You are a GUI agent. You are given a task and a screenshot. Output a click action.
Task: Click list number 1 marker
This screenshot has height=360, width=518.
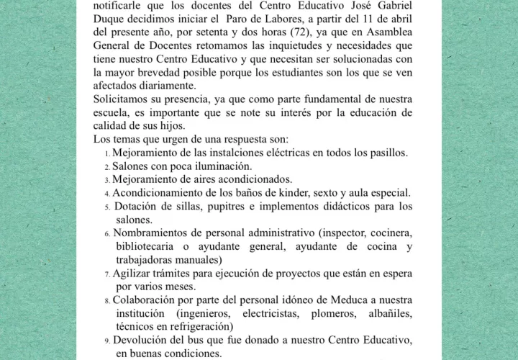coord(107,153)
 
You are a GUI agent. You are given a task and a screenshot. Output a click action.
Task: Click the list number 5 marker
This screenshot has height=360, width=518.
coord(107,207)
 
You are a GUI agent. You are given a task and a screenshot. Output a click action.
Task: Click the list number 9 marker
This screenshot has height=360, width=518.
coord(107,341)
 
